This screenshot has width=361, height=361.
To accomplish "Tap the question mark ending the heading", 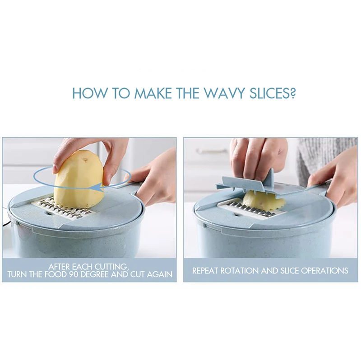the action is pos(292,93).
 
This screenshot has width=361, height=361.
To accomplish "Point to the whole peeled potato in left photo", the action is pos(79,180).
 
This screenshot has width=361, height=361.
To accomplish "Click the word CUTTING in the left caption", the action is pos(111,267).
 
